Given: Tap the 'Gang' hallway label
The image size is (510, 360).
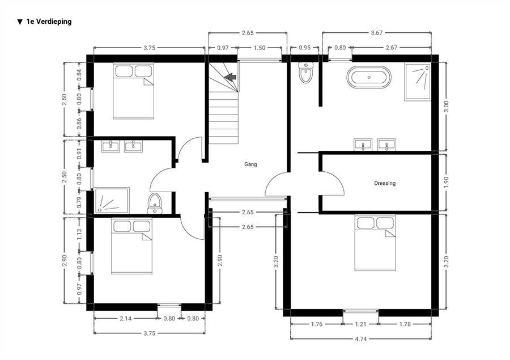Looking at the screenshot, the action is pos(250,164).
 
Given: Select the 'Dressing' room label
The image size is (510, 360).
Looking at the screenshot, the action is pos(385,183).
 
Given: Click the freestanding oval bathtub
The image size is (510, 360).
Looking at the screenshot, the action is pos(369,77).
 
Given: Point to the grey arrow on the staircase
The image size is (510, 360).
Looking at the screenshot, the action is pos(231,77).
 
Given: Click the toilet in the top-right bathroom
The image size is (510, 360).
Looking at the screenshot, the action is pos(306,72).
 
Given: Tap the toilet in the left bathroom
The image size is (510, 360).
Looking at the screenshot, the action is pos(155,204).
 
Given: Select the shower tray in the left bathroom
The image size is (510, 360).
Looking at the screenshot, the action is pos(112,200).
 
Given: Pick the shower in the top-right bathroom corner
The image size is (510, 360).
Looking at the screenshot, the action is pos(418,82).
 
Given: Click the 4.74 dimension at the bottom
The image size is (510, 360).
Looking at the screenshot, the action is pos(361,339).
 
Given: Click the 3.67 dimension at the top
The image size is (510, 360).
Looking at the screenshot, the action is pos(377,32).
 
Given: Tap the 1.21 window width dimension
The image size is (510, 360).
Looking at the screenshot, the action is pos(361,324).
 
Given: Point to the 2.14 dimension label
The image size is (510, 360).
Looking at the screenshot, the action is pos(126,319).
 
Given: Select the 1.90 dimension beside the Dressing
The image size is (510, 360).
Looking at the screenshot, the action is pos(446,183).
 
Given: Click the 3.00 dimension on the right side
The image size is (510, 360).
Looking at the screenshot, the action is pos(446,107).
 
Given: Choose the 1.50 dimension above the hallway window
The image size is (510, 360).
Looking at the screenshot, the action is pos(259,48).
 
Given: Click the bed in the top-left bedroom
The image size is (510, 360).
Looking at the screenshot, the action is pos(133,91).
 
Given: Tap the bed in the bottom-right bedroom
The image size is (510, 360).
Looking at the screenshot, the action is pos(375,243).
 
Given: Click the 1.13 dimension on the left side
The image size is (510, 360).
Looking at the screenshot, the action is pos(79,234).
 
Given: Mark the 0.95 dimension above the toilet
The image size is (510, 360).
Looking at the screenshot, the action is pos(304,48).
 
